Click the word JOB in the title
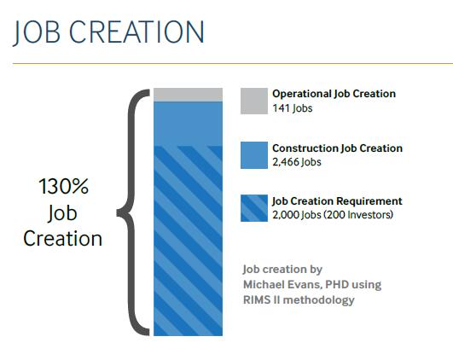[x=37, y=32]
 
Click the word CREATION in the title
[x=136, y=32]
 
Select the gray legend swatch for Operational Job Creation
[x=254, y=102]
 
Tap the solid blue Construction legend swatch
[x=254, y=155]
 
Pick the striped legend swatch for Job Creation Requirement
[x=254, y=208]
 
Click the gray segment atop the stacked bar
[x=188, y=95]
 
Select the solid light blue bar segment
[x=188, y=124]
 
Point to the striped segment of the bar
[x=188, y=241]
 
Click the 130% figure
[x=63, y=186]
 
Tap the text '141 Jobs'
[x=293, y=108]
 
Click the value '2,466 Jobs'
[x=297, y=162]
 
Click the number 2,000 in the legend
[x=285, y=215]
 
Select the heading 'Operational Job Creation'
[x=334, y=94]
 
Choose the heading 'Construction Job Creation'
[x=338, y=148]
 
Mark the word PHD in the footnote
[x=337, y=285]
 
